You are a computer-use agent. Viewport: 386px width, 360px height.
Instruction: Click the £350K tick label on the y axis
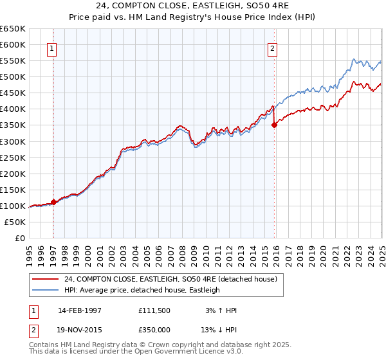click(13, 125)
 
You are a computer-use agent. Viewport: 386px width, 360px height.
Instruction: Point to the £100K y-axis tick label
click(13, 206)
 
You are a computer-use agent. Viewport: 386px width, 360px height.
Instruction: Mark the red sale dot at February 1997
click(53, 202)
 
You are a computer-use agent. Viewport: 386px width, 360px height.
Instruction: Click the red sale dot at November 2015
click(274, 125)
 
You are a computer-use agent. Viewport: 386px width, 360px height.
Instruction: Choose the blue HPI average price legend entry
click(142, 290)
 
